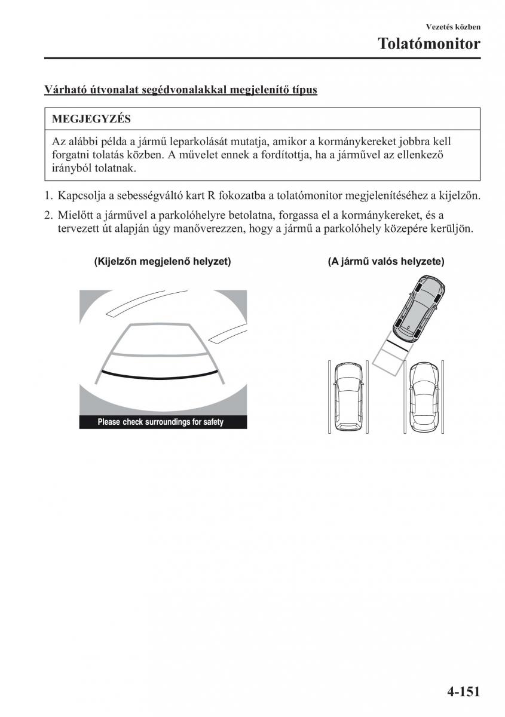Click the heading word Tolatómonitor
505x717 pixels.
click(429, 44)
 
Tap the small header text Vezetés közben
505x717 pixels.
click(453, 27)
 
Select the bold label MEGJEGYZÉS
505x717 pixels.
click(91, 119)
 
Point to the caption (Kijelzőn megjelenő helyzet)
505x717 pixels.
click(163, 262)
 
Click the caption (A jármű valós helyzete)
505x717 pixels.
click(385, 262)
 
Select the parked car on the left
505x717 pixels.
click(348, 395)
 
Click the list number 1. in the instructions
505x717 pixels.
click(48, 195)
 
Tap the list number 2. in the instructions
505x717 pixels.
click(48, 215)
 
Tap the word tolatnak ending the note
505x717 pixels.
click(117, 168)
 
